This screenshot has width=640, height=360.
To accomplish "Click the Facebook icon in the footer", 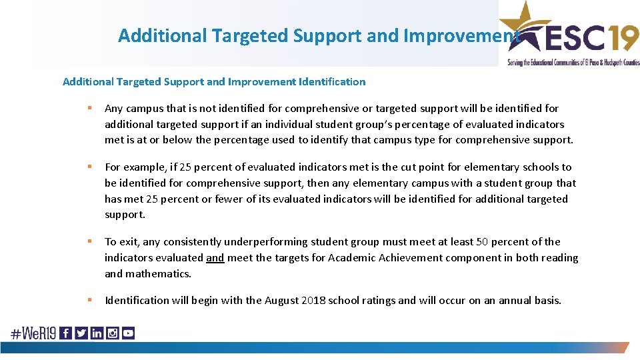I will [65, 333].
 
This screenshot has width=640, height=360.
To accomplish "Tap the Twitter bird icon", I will [81, 333].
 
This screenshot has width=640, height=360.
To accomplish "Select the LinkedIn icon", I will [97, 333].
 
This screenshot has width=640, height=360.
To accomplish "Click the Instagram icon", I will [112, 333].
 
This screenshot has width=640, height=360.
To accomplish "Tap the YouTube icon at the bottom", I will [128, 333].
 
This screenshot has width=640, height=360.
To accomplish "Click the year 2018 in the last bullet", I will [314, 301].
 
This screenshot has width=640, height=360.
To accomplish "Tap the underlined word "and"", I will [215, 258].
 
